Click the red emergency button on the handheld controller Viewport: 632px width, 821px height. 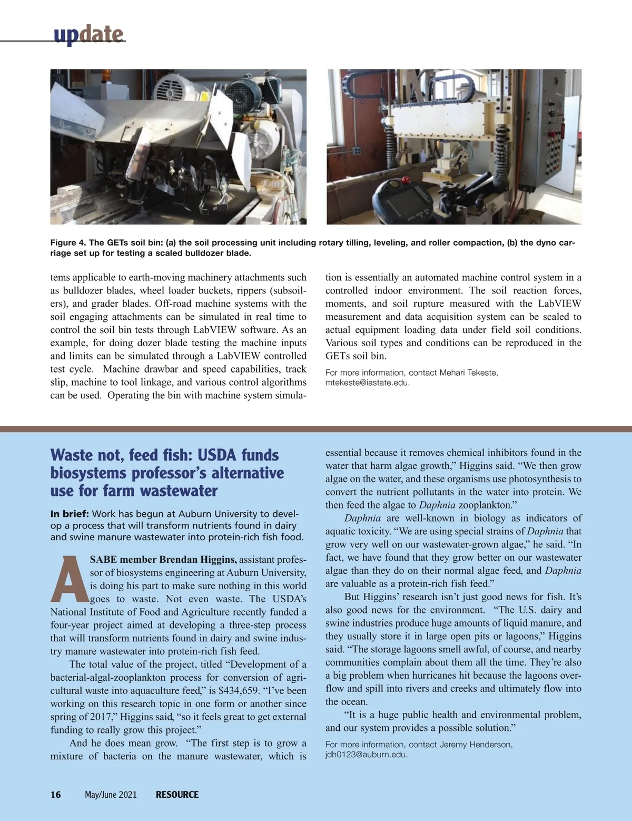[406, 180]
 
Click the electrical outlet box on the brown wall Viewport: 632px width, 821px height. [357, 150]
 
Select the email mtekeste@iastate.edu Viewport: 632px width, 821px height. [367, 383]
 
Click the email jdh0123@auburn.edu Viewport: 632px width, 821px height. [366, 755]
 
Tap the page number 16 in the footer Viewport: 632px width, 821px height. [56, 795]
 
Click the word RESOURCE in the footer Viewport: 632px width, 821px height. [177, 795]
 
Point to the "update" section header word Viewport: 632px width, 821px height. [88, 35]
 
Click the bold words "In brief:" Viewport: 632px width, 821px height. [70, 514]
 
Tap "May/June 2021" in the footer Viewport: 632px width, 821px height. [111, 795]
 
